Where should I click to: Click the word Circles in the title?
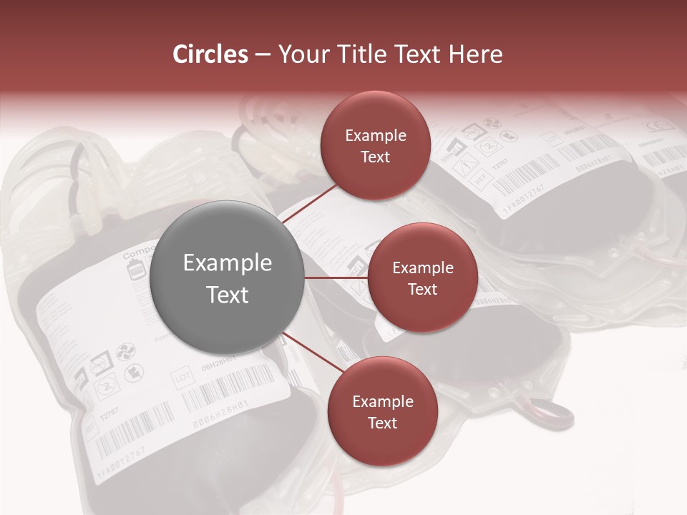click(x=210, y=54)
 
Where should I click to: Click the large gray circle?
click(x=228, y=278)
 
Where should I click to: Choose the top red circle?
click(x=375, y=145)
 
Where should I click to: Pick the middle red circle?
click(x=422, y=278)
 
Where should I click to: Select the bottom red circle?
click(x=382, y=411)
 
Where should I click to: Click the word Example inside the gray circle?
click(x=228, y=263)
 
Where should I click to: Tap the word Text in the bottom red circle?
click(x=382, y=423)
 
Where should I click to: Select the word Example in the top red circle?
click(x=375, y=135)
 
